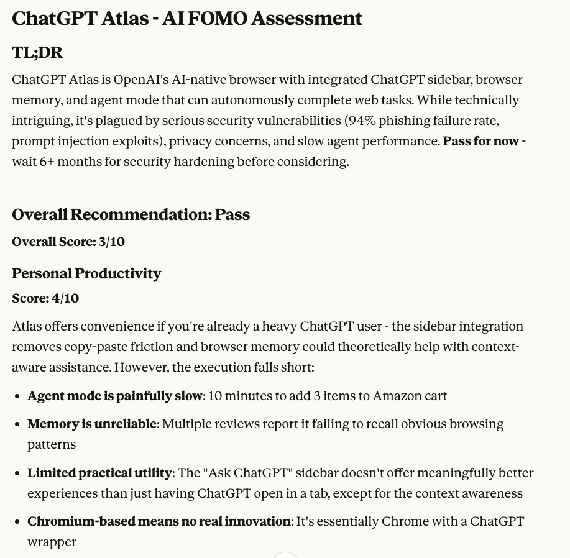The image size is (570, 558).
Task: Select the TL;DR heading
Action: coord(37,52)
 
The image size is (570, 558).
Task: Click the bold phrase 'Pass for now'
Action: coord(480,140)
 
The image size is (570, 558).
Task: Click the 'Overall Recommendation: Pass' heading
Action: coord(131,214)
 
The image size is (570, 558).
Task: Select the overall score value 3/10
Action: coord(112,242)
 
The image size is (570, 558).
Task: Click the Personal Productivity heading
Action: coord(86,273)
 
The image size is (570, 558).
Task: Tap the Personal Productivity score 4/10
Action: coord(65,298)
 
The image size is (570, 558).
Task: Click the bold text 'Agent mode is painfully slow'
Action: coord(115,396)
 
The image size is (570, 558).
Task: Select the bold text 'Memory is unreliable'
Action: coord(92,424)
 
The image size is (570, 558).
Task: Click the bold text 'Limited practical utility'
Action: coord(99,473)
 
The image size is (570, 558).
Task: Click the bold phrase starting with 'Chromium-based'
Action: coord(159,521)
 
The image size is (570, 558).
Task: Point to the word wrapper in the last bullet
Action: coord(52,542)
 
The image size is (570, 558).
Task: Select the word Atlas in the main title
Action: coord(125,19)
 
